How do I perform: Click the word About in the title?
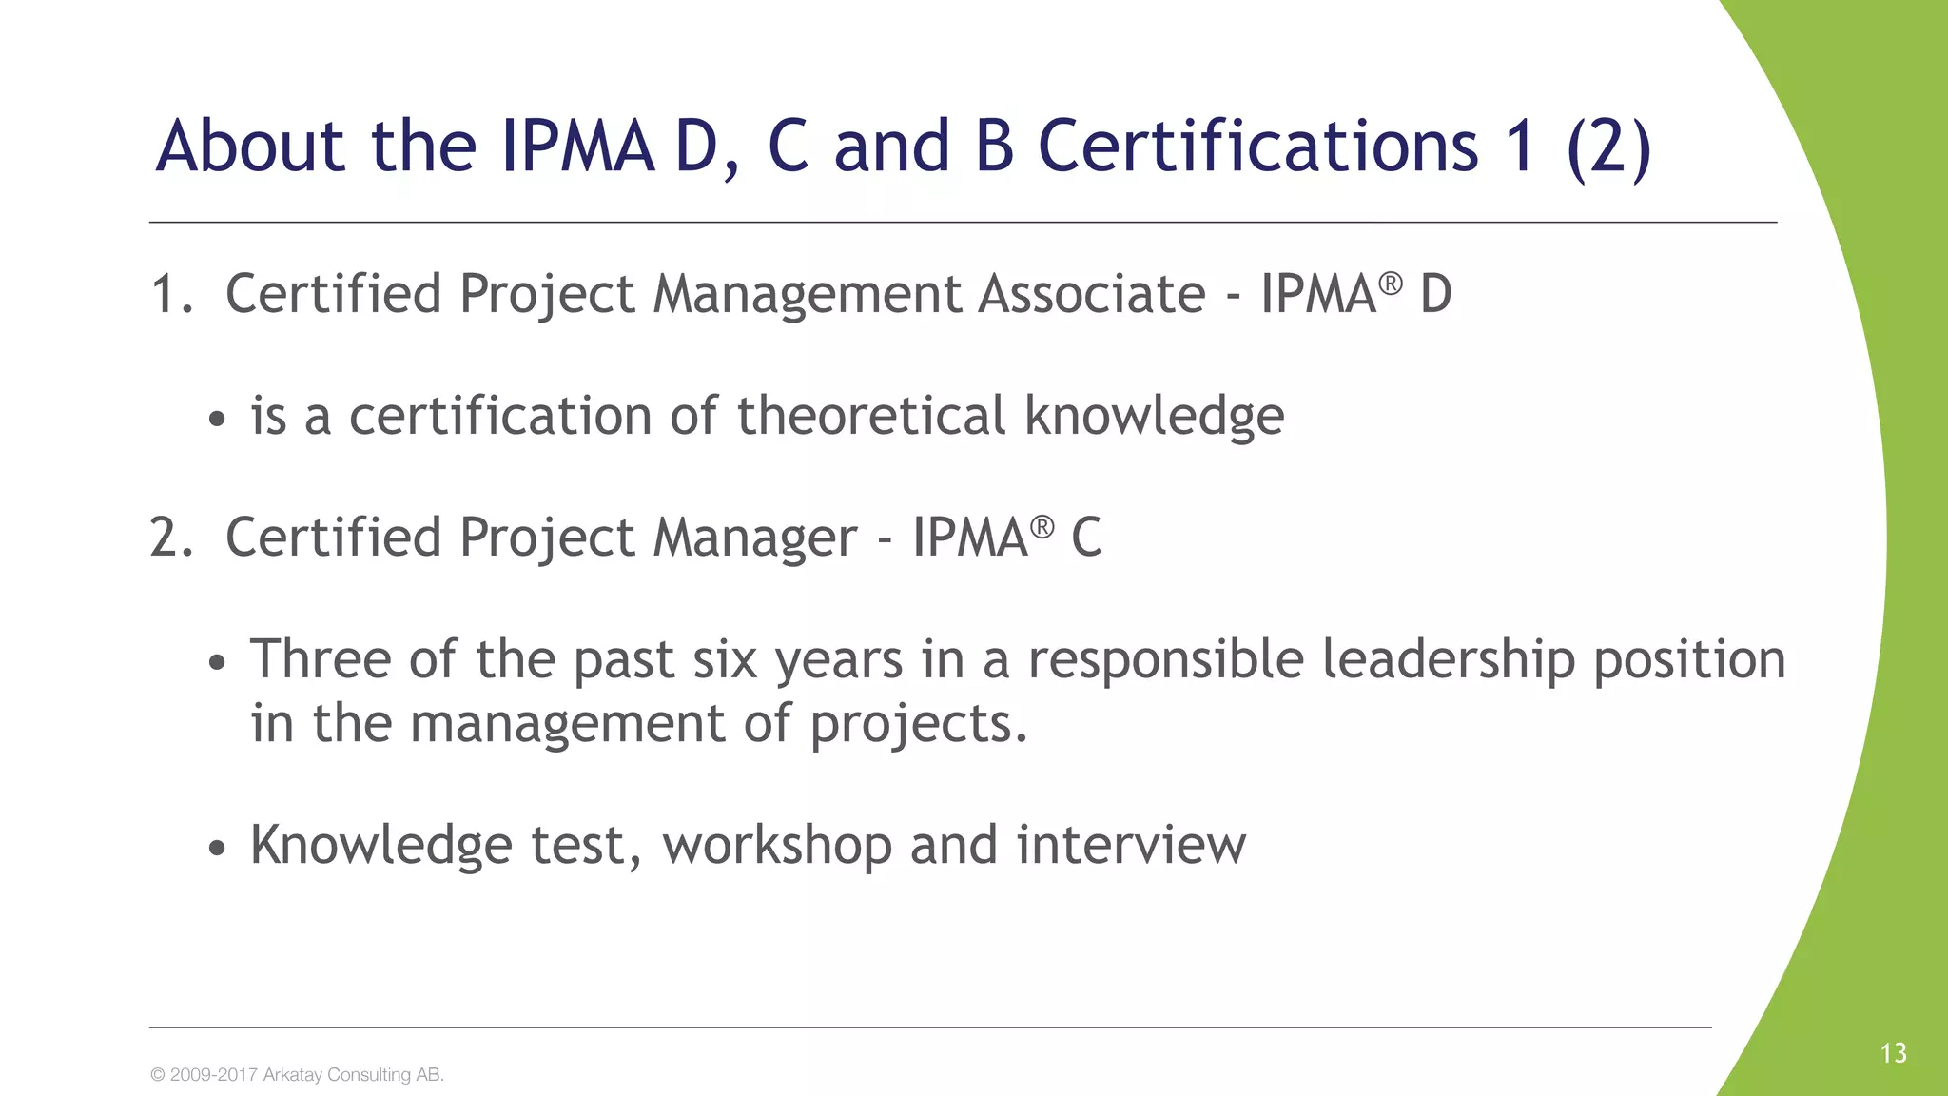(x=250, y=147)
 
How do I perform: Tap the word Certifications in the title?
(x=1257, y=147)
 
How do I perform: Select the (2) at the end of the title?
(x=1608, y=148)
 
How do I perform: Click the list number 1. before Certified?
(x=171, y=294)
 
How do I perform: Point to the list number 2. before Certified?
(x=171, y=538)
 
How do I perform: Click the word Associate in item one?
(x=1092, y=294)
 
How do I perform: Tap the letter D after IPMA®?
(x=1435, y=294)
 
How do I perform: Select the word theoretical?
(x=870, y=416)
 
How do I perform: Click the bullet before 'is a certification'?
(x=218, y=419)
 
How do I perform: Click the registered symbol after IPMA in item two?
(x=1042, y=526)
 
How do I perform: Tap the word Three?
(x=321, y=659)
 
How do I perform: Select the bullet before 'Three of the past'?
(x=218, y=662)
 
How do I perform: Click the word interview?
(x=1131, y=845)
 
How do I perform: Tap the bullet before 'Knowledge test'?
(x=218, y=848)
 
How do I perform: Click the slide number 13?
(x=1893, y=1053)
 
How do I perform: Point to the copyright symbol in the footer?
(x=158, y=1075)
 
